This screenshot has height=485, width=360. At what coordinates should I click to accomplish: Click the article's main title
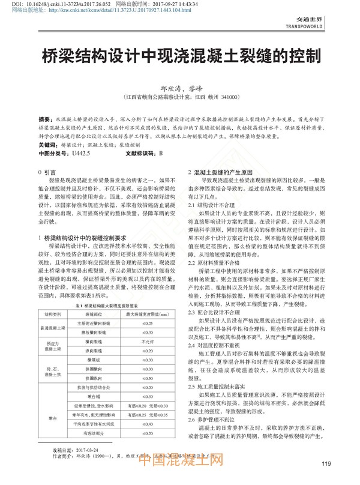click(x=179, y=57)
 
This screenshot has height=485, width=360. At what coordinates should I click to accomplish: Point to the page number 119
click(x=326, y=463)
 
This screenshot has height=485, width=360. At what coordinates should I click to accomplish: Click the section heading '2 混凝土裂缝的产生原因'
click(x=221, y=172)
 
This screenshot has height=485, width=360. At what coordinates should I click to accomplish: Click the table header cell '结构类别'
click(x=53, y=315)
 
